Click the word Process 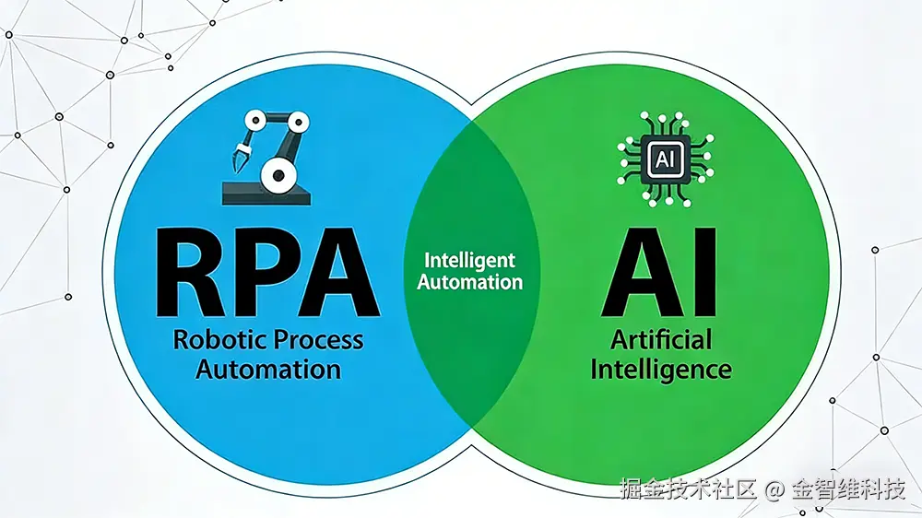click(316, 339)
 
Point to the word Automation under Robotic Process click(267, 370)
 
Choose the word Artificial click(661, 339)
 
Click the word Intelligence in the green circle click(661, 370)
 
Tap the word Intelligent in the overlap click(470, 261)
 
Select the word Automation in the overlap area click(470, 283)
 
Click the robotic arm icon click(266, 156)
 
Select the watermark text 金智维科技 click(848, 489)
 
